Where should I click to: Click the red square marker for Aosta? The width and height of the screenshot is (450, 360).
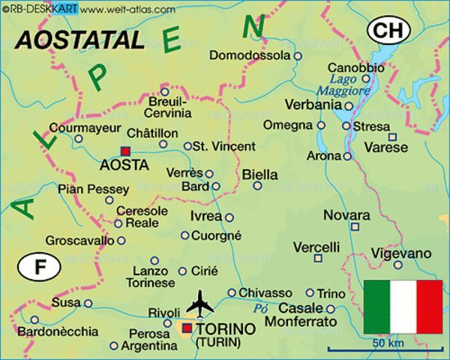tap(124, 150)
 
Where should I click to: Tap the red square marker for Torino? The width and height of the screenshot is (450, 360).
tap(187, 328)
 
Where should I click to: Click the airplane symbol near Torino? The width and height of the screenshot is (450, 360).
tap(199, 304)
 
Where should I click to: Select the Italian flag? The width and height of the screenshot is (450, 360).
tap(403, 307)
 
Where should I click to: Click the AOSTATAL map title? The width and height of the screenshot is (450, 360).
tap(79, 40)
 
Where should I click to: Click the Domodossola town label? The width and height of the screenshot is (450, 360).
tap(250, 55)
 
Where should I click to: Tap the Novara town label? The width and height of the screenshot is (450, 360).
tap(346, 215)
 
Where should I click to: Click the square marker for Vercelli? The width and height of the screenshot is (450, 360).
tap(319, 259)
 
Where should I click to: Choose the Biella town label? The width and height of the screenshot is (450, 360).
tap(259, 175)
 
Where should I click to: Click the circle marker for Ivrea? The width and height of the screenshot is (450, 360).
tap(229, 217)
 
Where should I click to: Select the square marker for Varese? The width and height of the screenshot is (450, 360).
tap(392, 136)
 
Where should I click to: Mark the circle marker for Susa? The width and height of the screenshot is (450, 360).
tap(88, 304)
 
